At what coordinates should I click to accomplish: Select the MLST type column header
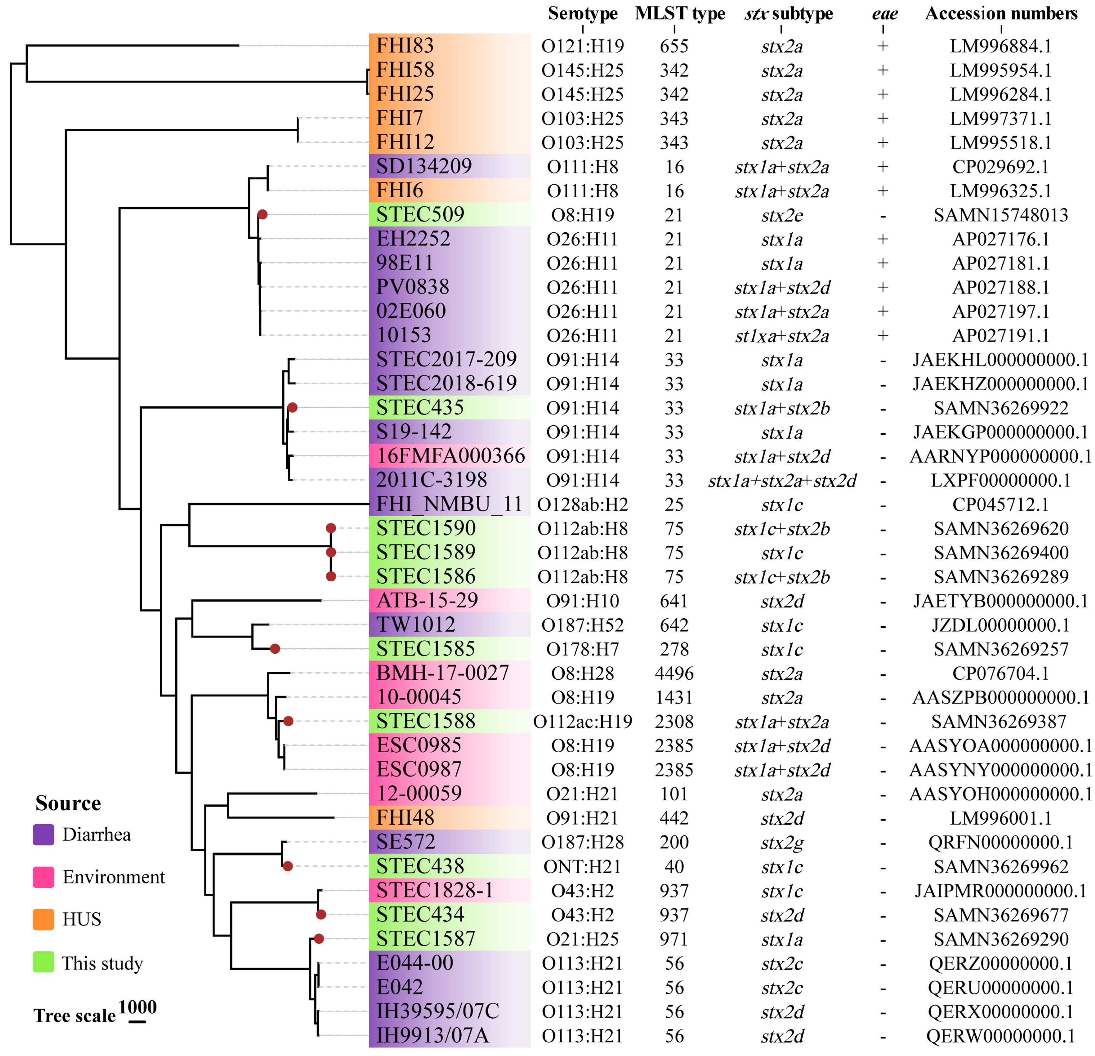(x=679, y=13)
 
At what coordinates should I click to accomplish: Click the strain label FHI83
(x=404, y=45)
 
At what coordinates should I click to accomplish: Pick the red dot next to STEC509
(x=262, y=215)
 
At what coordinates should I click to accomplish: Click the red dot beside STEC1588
(x=288, y=721)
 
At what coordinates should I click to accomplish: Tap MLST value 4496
(x=674, y=673)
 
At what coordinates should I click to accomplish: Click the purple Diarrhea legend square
(x=44, y=834)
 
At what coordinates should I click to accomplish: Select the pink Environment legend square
(x=44, y=877)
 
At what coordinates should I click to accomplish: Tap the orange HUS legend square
(x=44, y=919)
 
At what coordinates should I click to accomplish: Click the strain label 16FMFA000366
(x=450, y=456)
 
